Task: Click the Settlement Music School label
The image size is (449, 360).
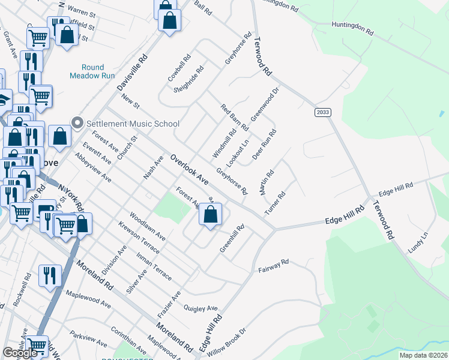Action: coord(133,124)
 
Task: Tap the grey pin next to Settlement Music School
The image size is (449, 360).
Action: coord(77,123)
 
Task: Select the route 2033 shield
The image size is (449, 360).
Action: coord(323,112)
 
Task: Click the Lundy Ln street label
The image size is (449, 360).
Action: coord(416,244)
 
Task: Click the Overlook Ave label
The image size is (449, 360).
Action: coord(189,170)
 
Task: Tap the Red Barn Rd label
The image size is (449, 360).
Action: coord(234,118)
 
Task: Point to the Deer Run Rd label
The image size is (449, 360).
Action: coord(264,145)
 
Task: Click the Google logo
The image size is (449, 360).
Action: coord(20,353)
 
